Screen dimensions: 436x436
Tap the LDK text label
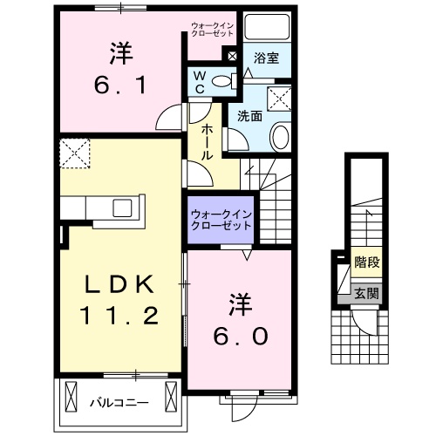pyautogui.click(x=121, y=284)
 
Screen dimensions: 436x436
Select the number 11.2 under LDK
pyautogui.click(x=121, y=317)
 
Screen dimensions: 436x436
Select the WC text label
pyautogui.click(x=200, y=82)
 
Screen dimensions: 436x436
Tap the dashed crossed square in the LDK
pyautogui.click(x=75, y=153)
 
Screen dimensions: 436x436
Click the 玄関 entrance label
pyautogui.click(x=366, y=294)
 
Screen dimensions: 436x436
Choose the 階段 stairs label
pyautogui.click(x=366, y=261)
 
